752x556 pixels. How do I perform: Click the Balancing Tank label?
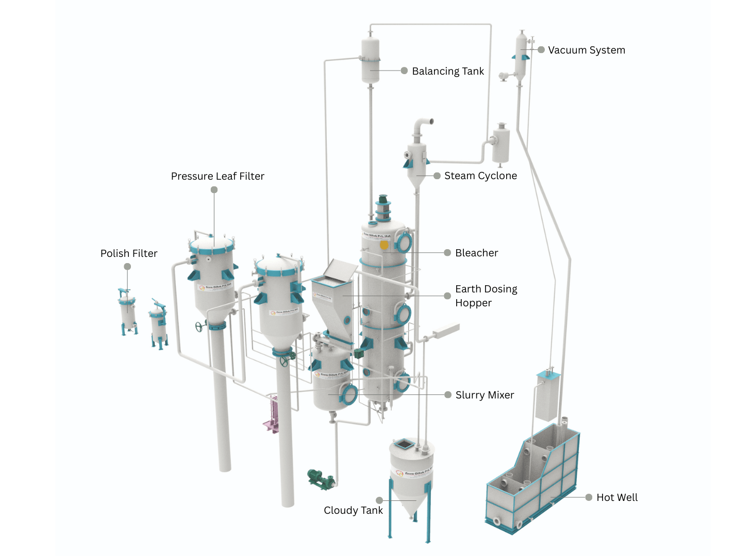coord(447,71)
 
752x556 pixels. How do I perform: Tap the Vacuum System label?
coord(586,50)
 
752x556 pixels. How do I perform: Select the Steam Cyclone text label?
coord(480,176)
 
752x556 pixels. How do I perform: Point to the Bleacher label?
coord(476,253)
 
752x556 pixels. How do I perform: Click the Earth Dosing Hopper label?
coord(486,296)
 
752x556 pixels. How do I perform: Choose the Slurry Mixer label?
coord(484,395)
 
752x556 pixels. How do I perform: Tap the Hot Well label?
coord(616,497)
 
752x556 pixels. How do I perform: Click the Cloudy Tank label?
coord(353,510)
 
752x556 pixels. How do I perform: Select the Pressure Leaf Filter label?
coord(218,176)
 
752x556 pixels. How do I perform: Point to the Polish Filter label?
coord(129,253)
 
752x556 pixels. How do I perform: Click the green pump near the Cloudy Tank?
coord(319,478)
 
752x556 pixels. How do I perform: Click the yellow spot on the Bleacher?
coord(384,245)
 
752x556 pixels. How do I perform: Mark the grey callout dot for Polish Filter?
coord(127,266)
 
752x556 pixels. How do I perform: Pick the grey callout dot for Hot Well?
coord(589,497)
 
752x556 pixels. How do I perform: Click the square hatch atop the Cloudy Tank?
coord(404,443)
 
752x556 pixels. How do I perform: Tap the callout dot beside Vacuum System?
coord(541,50)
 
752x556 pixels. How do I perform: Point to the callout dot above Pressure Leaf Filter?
coord(214,189)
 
